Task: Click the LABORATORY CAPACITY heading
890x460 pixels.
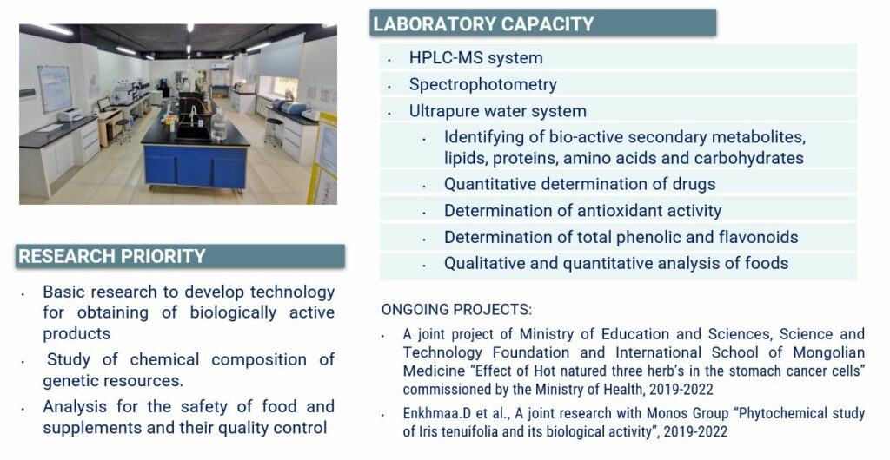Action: coord(483,23)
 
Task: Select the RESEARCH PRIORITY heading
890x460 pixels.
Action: coord(112,256)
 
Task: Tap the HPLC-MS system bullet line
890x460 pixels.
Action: coord(475,58)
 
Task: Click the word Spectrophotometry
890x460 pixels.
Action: coord(483,84)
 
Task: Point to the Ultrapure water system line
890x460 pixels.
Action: coord(498,111)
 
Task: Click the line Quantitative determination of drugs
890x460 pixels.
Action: coord(580,184)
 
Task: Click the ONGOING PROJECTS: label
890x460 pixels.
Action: coord(457,310)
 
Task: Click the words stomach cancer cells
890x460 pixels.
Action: coord(807,371)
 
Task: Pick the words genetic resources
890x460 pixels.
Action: coord(113,381)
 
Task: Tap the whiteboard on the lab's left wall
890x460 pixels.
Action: coord(55,89)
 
